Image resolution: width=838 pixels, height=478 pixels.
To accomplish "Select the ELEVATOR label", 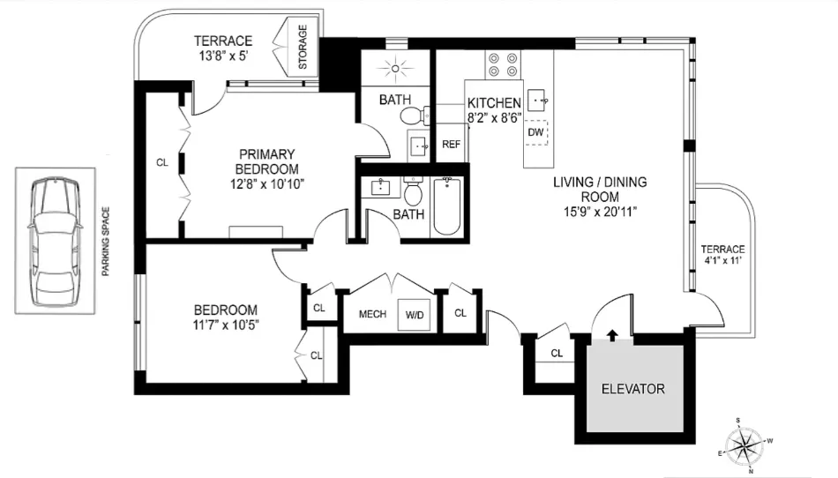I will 632,389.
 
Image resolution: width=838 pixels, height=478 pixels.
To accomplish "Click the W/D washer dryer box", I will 414,315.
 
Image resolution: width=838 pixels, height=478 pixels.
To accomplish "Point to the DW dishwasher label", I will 535,132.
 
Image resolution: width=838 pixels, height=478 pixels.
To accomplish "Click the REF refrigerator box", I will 450,145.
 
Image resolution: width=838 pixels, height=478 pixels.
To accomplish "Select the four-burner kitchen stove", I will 502,64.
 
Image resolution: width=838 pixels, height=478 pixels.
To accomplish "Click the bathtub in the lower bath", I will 447,205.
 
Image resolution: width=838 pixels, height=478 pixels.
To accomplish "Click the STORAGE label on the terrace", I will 303,49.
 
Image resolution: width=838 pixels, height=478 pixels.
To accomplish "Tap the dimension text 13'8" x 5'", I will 222,56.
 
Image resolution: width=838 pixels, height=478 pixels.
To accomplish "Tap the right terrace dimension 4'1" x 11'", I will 722,262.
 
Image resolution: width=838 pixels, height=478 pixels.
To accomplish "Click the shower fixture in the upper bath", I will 394,66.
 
